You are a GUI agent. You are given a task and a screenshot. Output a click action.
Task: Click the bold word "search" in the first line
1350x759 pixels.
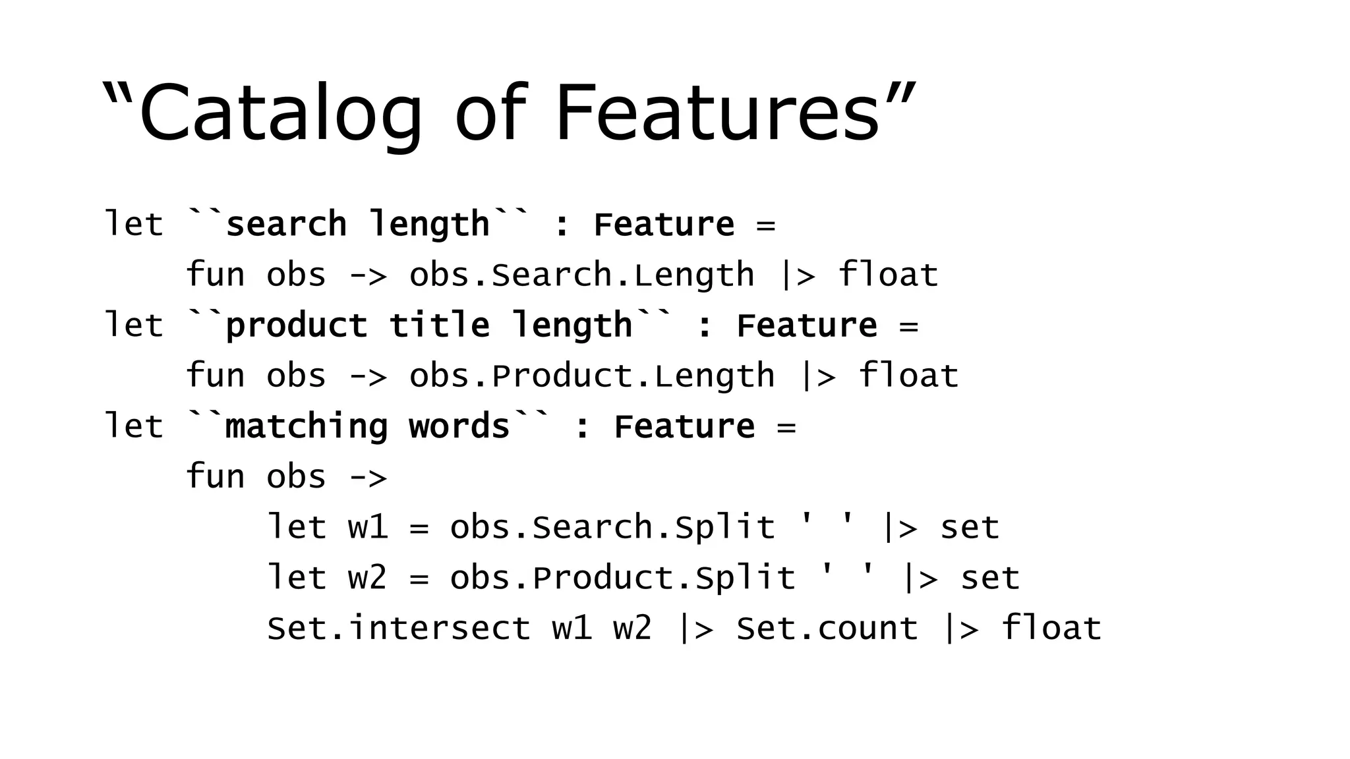point(285,225)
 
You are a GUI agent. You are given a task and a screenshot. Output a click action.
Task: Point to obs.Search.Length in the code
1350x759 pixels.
point(581,275)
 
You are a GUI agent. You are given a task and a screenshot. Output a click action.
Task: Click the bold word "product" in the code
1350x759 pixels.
point(296,326)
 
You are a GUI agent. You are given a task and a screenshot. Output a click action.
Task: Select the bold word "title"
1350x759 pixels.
point(439,325)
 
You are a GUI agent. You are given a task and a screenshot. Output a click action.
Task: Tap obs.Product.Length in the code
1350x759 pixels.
point(591,376)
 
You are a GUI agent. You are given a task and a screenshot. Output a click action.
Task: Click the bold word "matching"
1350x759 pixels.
point(306,427)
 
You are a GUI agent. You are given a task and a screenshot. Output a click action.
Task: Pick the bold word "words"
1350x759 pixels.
point(459,426)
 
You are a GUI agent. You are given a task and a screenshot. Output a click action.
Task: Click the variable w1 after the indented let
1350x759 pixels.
point(368,528)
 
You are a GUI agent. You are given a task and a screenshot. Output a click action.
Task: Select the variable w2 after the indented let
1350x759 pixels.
point(368,578)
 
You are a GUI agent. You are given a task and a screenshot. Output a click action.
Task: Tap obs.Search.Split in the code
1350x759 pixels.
point(612,528)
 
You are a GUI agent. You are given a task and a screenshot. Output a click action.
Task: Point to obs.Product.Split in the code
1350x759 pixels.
point(622,578)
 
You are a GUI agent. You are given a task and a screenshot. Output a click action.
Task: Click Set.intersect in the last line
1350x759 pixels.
point(398,628)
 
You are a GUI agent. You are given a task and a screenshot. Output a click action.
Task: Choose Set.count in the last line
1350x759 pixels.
point(827,628)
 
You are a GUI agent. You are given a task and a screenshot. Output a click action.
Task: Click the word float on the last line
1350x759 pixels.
point(1051,628)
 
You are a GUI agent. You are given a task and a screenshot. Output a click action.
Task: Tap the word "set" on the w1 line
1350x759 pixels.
point(970,528)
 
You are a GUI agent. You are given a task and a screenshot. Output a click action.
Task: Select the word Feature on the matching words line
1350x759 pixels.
point(684,427)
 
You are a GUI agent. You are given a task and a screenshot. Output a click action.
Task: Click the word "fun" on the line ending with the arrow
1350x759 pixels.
point(215,477)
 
